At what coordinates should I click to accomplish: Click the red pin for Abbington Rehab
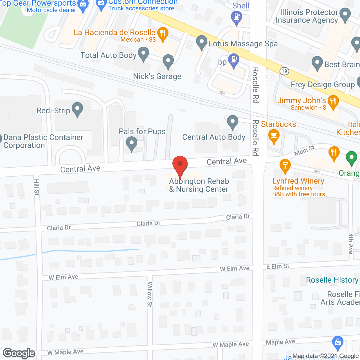(x=180, y=165)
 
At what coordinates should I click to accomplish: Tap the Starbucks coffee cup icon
(x=274, y=136)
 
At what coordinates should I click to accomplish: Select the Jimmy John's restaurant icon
(x=333, y=102)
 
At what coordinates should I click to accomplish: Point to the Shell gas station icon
(x=237, y=17)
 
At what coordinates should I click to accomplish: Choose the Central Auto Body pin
(x=233, y=122)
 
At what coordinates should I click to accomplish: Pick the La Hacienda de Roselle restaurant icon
(x=163, y=33)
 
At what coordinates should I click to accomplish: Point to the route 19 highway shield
(x=284, y=71)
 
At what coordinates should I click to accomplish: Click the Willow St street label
(x=150, y=294)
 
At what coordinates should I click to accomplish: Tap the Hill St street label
(x=37, y=187)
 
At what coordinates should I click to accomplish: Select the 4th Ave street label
(x=351, y=244)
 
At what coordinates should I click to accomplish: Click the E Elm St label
(x=278, y=266)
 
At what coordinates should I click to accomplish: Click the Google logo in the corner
(x=19, y=353)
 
